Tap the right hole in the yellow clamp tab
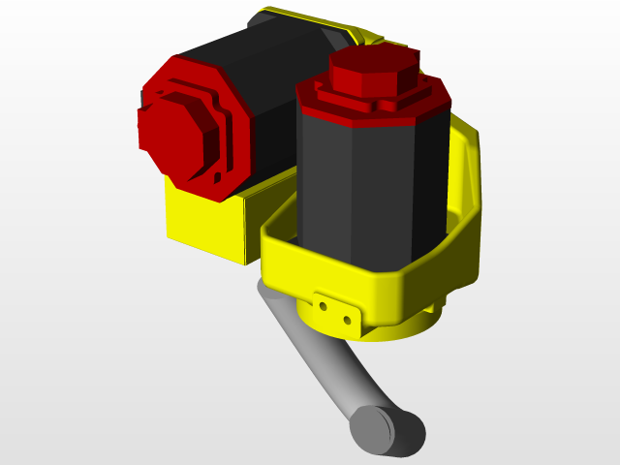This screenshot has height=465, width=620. pyautogui.click(x=347, y=318)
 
